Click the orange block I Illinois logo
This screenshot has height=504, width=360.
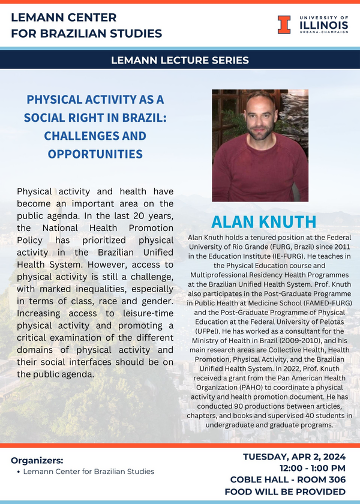283,24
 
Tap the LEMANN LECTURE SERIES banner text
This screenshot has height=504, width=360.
180,60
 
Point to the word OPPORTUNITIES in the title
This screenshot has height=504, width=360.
95,154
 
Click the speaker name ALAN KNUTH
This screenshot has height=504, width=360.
264,221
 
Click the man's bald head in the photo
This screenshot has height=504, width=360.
259,101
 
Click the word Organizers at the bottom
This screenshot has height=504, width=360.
37,460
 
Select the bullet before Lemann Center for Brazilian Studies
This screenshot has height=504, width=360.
19,472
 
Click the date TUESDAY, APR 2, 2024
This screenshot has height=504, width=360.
294,457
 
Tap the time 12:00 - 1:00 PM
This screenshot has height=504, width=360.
312,468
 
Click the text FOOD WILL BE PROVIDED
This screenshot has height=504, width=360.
288,492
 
